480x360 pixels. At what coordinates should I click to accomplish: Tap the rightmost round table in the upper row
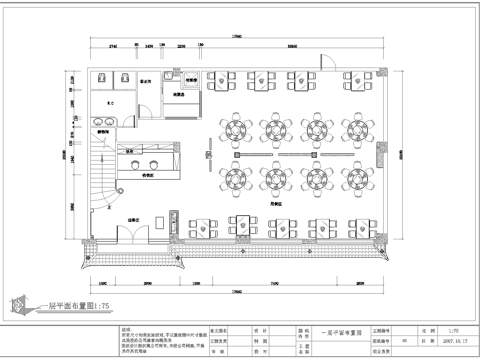tap(358, 130)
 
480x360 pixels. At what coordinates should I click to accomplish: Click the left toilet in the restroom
tap(101, 78)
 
